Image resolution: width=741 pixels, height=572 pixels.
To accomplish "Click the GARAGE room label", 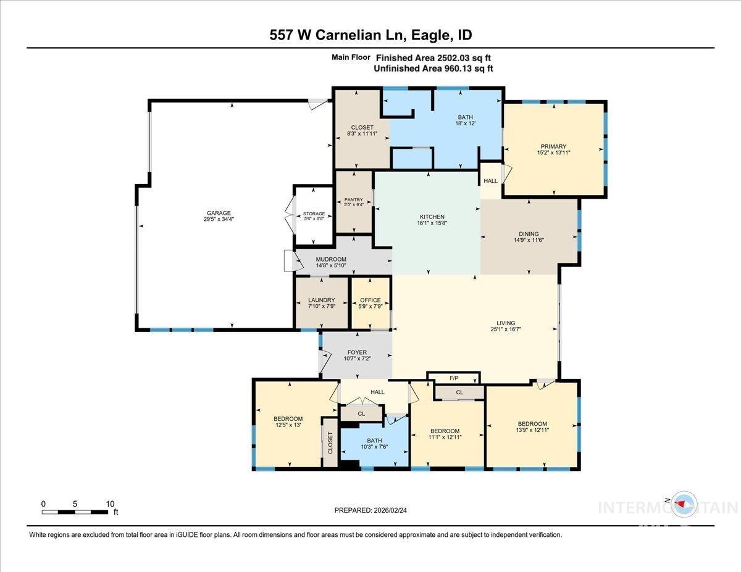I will tap(219, 213).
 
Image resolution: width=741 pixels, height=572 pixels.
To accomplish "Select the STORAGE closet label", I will tap(314, 214).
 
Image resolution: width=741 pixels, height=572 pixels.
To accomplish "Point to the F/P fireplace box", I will tap(454, 378).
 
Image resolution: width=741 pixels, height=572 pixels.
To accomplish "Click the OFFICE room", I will tap(371, 303).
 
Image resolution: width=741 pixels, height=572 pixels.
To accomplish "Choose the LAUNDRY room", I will tap(321, 303).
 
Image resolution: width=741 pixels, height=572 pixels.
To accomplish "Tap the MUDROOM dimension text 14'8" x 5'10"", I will tap(331, 265).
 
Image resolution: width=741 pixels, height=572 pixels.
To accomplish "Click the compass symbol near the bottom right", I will tap(683, 504).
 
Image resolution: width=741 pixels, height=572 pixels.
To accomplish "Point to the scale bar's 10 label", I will tap(109, 504).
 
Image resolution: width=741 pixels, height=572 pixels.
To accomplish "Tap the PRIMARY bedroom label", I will tap(553, 147).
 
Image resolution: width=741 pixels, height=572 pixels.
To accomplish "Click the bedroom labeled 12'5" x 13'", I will tap(289, 423).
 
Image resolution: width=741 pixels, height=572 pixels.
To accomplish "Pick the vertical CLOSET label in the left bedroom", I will tap(330, 443).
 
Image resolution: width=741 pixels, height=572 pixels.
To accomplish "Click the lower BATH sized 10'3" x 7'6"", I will tap(375, 442).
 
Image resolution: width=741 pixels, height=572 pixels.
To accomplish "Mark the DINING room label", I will tap(529, 234).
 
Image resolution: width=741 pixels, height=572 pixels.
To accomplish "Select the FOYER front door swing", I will tap(324, 362).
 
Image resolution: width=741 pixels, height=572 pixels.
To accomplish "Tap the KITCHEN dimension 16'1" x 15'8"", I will tap(432, 223).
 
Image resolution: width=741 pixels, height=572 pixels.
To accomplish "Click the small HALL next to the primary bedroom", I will tap(491, 181).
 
